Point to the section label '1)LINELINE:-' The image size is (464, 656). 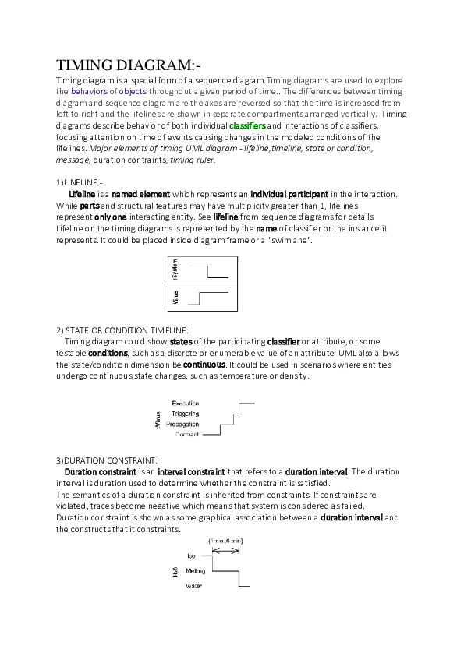click(80, 182)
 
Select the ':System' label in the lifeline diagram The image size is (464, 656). click(175, 272)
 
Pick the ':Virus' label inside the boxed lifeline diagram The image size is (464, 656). click(175, 298)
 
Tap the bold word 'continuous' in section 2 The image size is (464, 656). click(204, 365)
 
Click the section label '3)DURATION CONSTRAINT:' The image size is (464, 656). click(107, 460)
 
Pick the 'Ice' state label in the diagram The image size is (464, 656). click(191, 555)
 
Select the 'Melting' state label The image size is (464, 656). click(195, 570)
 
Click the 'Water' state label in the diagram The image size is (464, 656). click(193, 586)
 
